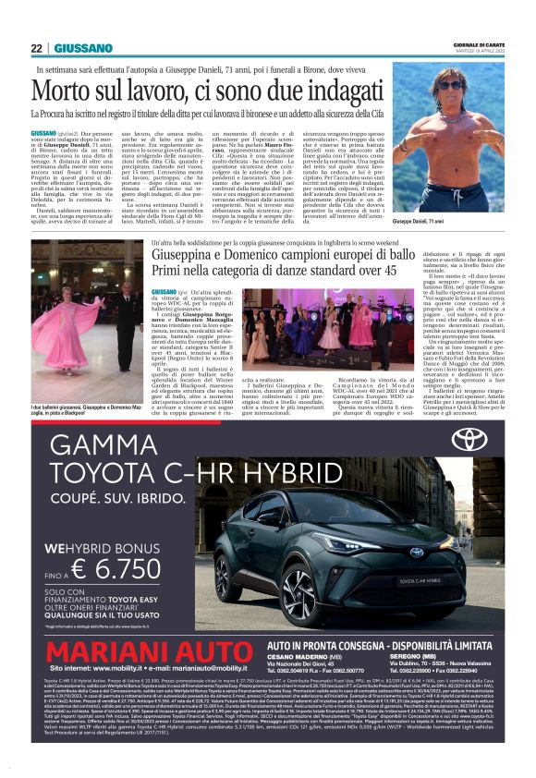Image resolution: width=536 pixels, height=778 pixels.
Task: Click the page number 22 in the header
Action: [37, 48]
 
